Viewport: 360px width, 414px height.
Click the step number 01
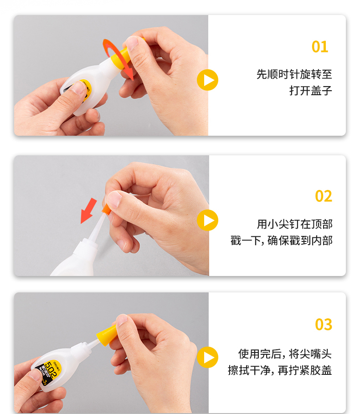pos(320,47)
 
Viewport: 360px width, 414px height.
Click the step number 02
pos(324,196)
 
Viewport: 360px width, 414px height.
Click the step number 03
pos(324,324)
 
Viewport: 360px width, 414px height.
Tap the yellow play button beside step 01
pos(208,80)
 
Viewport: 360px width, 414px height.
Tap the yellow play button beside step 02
pos(208,220)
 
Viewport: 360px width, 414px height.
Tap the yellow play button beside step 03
pos(208,357)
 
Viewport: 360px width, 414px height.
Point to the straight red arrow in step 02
pos(88,211)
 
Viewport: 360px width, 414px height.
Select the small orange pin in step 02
pos(106,209)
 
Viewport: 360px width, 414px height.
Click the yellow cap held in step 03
pos(107,335)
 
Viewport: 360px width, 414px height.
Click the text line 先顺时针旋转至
pos(294,74)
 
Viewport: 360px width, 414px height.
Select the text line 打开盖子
pos(311,91)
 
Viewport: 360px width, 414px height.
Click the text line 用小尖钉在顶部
pos(295,224)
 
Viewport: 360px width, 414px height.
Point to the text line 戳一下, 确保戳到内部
pos(282,240)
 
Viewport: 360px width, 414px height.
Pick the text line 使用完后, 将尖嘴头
pos(285,354)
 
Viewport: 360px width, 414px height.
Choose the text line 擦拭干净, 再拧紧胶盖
pos(280,370)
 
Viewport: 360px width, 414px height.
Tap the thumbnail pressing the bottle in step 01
pos(78,87)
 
